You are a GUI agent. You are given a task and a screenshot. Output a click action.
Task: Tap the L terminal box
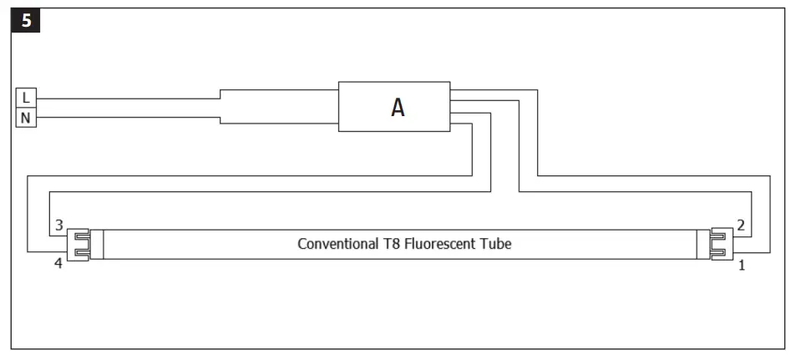click(26, 98)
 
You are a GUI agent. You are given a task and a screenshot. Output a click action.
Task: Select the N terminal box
click(26, 117)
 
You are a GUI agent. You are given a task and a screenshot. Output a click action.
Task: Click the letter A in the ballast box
click(398, 108)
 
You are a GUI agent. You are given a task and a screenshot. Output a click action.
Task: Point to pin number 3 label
click(58, 226)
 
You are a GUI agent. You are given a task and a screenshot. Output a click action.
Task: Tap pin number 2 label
click(740, 226)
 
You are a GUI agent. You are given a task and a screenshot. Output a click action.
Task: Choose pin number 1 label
click(740, 266)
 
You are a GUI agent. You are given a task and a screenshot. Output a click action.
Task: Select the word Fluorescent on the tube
click(448, 245)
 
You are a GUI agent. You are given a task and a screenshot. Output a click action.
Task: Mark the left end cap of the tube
click(79, 245)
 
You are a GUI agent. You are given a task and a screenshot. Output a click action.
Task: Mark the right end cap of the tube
click(718, 245)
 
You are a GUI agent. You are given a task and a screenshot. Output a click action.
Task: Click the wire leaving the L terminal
click(125, 99)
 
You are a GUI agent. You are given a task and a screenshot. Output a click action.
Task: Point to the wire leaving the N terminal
click(125, 117)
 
